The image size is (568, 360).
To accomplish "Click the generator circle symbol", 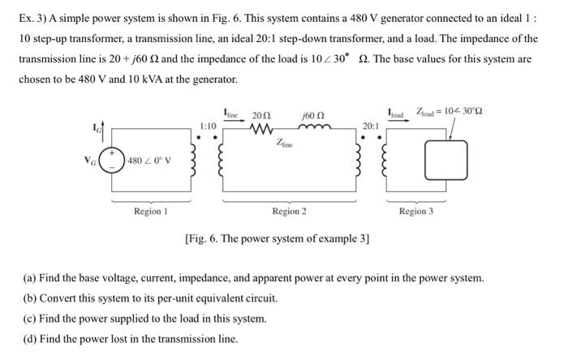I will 112,158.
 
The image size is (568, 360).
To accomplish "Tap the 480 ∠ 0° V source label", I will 148,159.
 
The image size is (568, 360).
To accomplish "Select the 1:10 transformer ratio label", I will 208,126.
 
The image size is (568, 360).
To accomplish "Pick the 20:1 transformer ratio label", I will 370,126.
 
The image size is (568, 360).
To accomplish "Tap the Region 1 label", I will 151,212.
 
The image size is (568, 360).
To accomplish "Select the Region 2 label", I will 290,212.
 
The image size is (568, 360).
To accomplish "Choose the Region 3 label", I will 415,212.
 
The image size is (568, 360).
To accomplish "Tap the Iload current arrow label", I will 396,114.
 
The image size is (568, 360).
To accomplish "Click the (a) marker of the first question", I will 28,278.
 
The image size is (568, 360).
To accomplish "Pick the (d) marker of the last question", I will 28,339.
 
